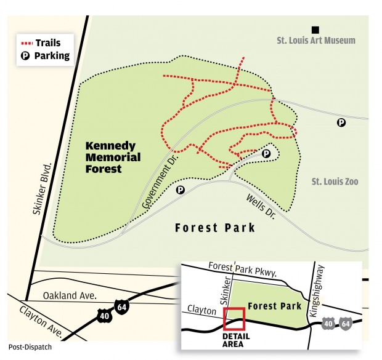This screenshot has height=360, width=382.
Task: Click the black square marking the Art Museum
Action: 315,29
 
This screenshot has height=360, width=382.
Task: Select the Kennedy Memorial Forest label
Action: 113,156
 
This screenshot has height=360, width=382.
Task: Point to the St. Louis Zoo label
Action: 334,182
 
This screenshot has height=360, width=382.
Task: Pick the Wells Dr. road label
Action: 261,206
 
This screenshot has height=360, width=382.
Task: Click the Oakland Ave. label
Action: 71,295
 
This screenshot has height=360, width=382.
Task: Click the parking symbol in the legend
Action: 26,56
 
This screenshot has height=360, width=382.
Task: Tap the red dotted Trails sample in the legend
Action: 26,43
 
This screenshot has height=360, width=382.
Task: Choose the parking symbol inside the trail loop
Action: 266,153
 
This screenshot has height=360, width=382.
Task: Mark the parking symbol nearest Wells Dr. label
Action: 181,190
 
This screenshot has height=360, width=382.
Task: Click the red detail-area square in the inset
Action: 235,319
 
